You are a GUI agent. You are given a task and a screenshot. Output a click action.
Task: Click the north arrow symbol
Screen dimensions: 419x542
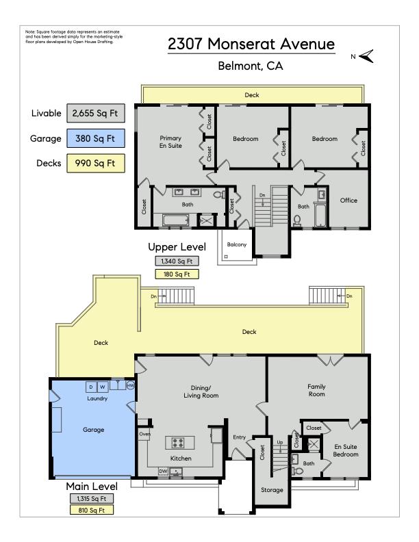coord(366,56)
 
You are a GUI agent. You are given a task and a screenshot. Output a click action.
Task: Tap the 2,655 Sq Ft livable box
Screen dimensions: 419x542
coord(95,114)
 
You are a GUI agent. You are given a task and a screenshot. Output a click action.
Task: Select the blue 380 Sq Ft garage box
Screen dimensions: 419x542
coord(95,138)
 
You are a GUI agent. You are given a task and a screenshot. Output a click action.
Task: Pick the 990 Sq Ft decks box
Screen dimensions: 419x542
coord(95,163)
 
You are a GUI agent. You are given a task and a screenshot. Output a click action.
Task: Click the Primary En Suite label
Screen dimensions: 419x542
coord(170,142)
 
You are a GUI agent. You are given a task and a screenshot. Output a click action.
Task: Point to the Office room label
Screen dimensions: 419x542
coord(348,200)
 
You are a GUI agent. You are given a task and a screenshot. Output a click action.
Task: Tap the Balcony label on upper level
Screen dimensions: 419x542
coord(237,244)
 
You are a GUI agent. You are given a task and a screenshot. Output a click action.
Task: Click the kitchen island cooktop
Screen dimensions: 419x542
coord(179,443)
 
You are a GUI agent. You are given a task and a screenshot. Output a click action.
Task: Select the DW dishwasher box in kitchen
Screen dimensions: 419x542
coord(163,471)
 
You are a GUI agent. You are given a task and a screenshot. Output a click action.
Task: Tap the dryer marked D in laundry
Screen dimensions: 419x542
coord(91,387)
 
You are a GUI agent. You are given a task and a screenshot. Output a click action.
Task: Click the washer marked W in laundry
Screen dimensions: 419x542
coord(103,387)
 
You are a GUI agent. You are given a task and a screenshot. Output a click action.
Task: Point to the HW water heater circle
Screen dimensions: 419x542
coord(130,385)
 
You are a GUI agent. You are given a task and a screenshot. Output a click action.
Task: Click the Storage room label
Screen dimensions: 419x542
coord(272,490)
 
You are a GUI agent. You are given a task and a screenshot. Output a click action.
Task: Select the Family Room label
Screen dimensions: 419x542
coord(317,390)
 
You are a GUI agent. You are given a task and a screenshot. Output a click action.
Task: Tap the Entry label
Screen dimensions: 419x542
coord(239,437)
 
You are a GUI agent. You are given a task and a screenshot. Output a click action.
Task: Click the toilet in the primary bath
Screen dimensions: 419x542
coord(219,194)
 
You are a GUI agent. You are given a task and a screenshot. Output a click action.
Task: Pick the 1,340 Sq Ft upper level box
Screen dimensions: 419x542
coord(177,261)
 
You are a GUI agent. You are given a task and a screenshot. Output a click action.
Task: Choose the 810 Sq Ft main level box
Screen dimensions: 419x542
coord(92,510)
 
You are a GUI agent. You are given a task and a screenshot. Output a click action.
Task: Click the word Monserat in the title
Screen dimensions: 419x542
coord(242,44)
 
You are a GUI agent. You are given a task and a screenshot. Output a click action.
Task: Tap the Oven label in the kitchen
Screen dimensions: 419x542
coord(144,434)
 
